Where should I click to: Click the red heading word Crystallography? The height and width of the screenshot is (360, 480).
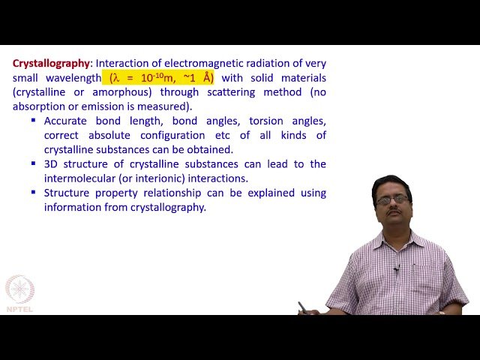pos(50,64)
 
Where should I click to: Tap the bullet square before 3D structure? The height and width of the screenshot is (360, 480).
pos(34,163)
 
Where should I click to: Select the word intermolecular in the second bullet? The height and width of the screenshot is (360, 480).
pos(80,178)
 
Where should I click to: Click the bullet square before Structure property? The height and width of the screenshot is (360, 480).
pos(34,192)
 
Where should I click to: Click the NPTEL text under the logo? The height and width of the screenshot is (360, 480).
pos(19,308)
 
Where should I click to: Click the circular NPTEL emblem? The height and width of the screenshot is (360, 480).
pos(19,289)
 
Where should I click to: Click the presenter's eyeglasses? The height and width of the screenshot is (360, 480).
pos(391,199)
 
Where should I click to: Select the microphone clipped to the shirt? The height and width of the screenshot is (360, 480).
pos(396,268)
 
